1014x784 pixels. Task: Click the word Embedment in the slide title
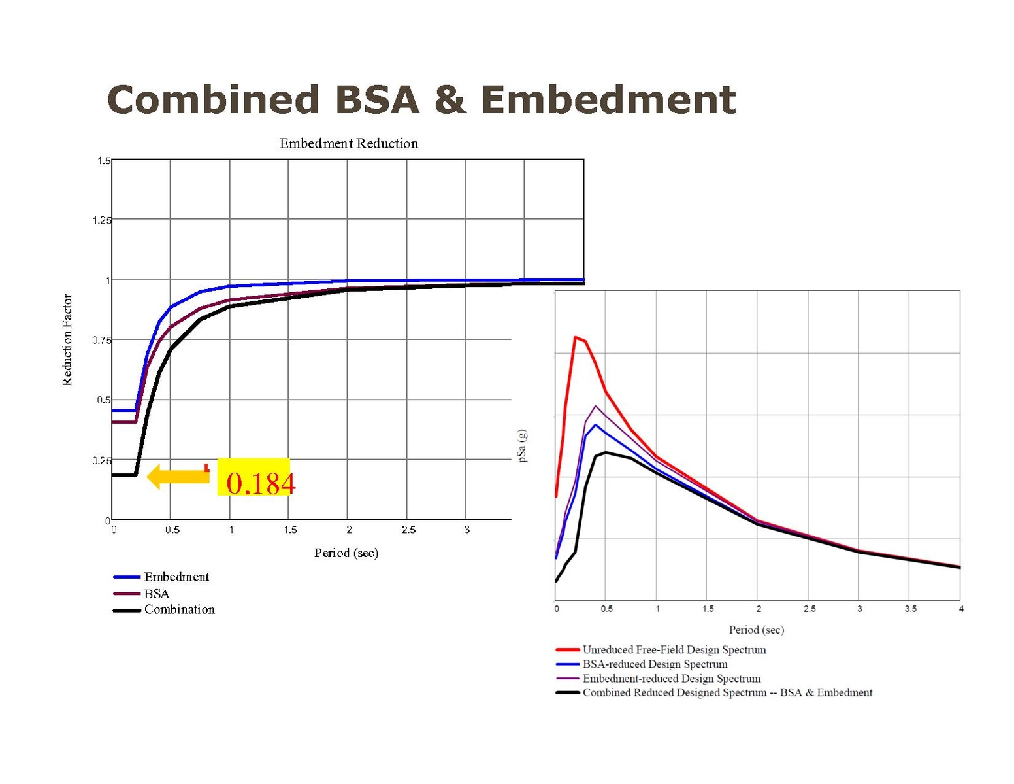pos(608,100)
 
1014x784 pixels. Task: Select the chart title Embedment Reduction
pos(348,144)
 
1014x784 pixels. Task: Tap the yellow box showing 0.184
pos(254,477)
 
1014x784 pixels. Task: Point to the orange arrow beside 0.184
pos(178,477)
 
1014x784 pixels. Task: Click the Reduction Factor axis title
pos(67,340)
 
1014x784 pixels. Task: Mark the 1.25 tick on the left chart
pos(101,220)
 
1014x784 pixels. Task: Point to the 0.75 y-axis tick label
pos(101,340)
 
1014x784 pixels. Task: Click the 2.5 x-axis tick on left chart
pos(408,530)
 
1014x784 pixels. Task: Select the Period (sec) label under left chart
pos(346,553)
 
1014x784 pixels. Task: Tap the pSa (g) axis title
pos(522,446)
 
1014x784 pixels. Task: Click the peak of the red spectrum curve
pos(575,337)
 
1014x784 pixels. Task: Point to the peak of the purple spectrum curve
pos(595,406)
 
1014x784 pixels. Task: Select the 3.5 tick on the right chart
pos(910,609)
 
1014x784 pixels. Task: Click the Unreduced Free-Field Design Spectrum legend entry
pos(674,650)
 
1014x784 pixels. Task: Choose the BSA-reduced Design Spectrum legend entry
pos(655,664)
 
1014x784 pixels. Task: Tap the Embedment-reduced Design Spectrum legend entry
pos(671,679)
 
